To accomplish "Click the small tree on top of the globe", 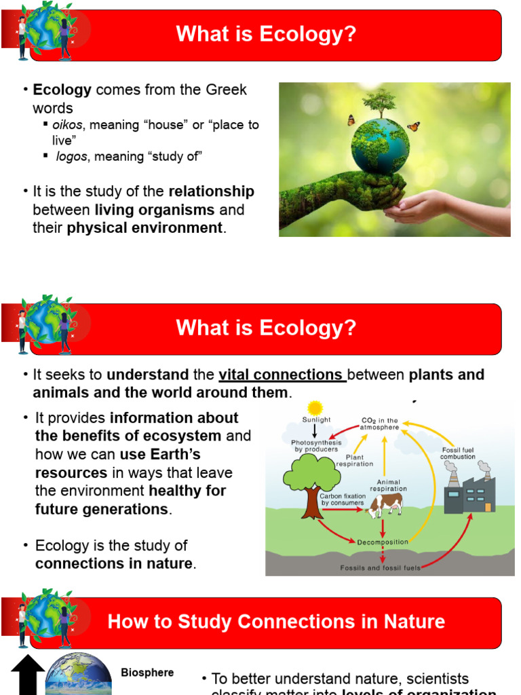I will [379, 102].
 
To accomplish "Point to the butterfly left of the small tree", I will [351, 120].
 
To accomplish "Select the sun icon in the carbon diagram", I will [315, 408].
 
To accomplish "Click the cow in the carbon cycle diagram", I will [385, 504].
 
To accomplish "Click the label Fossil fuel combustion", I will [458, 453].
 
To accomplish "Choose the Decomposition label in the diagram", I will [383, 542].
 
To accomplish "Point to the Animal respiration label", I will [388, 485].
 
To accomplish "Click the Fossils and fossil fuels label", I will [380, 567].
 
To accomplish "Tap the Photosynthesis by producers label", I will [316, 446].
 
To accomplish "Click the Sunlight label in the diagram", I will [316, 421].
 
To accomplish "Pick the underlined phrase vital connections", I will [282, 375].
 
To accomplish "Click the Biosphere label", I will [147, 673].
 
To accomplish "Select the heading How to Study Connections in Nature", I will [276, 621].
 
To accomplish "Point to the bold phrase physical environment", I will [144, 228].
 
